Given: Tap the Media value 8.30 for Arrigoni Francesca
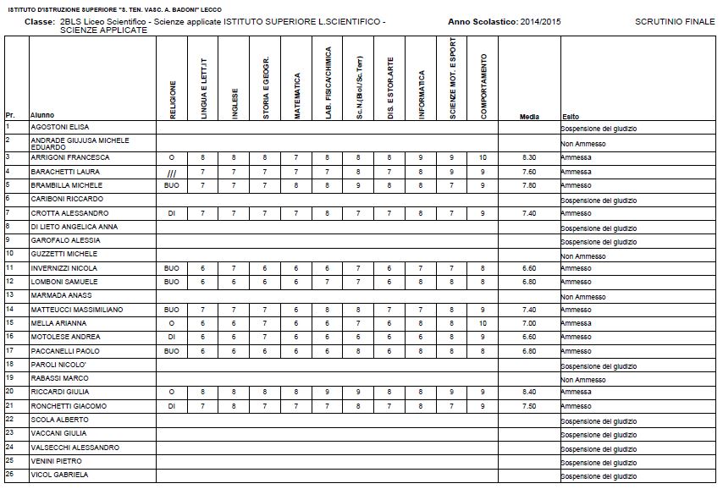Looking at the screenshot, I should point(529,157).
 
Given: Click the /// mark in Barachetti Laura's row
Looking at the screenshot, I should point(172,172).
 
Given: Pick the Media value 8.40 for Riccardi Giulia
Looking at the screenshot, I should point(529,392).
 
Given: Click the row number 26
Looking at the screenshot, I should point(8,474).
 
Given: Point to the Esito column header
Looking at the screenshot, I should point(571,116).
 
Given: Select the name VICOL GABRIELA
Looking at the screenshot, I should point(59,475).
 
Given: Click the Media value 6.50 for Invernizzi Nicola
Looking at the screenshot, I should point(529,267).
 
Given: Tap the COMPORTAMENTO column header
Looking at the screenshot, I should point(483,86).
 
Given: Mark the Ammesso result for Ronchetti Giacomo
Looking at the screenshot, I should point(577,406).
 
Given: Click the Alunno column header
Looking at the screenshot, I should point(42,116).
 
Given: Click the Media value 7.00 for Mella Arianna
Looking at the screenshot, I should point(529,323).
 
